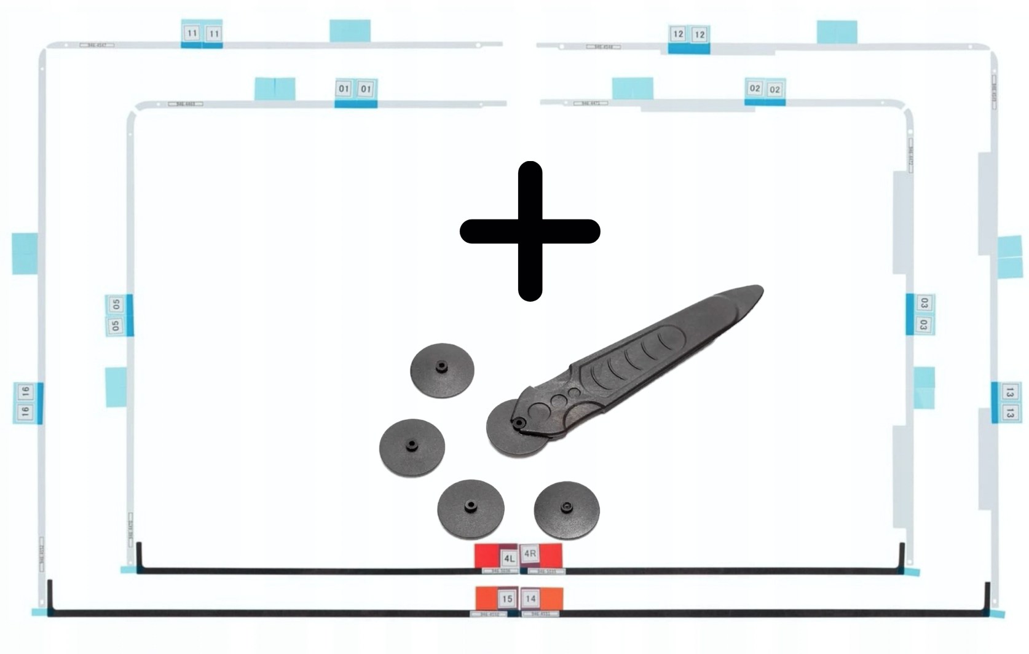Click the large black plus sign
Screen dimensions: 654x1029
(x=530, y=231)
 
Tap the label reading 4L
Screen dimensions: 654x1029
(x=509, y=558)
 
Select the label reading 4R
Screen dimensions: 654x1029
(x=530, y=554)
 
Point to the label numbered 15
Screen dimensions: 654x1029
(x=507, y=598)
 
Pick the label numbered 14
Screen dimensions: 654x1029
(x=530, y=598)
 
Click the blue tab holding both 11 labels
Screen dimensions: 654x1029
(x=202, y=34)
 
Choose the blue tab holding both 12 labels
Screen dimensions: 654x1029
(x=688, y=38)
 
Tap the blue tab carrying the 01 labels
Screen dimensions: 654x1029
(x=355, y=92)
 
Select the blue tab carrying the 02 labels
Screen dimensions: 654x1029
(x=765, y=92)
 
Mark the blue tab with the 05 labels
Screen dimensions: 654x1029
(x=119, y=315)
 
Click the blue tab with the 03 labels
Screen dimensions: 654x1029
(x=920, y=314)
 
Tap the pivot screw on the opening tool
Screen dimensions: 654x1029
(x=520, y=423)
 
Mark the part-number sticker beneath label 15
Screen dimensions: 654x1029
(x=489, y=614)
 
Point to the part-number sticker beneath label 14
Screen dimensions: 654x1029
(x=540, y=613)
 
